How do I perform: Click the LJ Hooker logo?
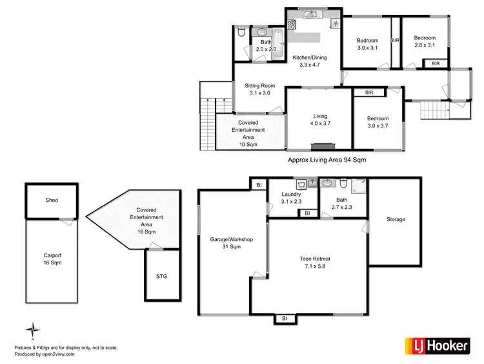pyautogui.click(x=436, y=346)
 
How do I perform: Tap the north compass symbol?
pyautogui.click(x=30, y=330)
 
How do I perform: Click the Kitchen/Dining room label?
pyautogui.click(x=309, y=61)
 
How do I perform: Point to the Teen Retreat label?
pyautogui.click(x=315, y=262)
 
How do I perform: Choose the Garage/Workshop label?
pyautogui.click(x=231, y=243)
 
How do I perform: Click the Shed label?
pyautogui.click(x=52, y=200)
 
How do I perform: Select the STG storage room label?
pyautogui.click(x=161, y=276)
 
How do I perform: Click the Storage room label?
pyautogui.click(x=396, y=220)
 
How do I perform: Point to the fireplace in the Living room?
pyautogui.click(x=319, y=146)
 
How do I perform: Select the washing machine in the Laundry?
pyautogui.click(x=301, y=183)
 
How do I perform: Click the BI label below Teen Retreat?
pyautogui.click(x=284, y=318)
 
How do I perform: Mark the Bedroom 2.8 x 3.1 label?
pyautogui.click(x=425, y=42)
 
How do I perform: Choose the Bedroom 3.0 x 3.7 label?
pyautogui.click(x=378, y=122)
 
